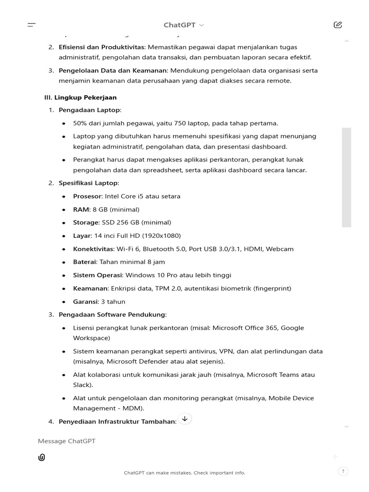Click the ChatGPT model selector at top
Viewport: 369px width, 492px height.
pyautogui.click(x=184, y=25)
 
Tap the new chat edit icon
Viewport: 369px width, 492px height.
pyautogui.click(x=337, y=25)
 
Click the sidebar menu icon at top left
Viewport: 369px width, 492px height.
pyautogui.click(x=32, y=25)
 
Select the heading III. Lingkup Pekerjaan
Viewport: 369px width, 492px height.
pyautogui.click(x=80, y=98)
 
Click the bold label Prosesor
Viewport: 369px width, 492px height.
pyautogui.click(x=87, y=196)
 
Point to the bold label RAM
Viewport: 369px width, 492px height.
pyautogui.click(x=81, y=209)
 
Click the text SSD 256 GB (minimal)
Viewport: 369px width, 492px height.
pyautogui.click(x=135, y=222)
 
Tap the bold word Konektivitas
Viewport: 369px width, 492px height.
pyautogui.click(x=93, y=249)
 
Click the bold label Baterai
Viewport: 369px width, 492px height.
pyautogui.click(x=85, y=262)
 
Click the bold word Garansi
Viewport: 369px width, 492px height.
pyautogui.click(x=85, y=302)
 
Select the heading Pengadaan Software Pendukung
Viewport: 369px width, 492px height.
pyautogui.click(x=112, y=315)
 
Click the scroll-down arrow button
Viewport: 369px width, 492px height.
pyautogui.click(x=184, y=418)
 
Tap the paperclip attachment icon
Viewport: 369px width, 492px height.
pyautogui.click(x=42, y=457)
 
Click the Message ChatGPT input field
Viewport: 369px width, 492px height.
pyautogui.click(x=144, y=441)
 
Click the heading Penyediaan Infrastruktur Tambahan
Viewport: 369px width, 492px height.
pyautogui.click(x=117, y=422)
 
